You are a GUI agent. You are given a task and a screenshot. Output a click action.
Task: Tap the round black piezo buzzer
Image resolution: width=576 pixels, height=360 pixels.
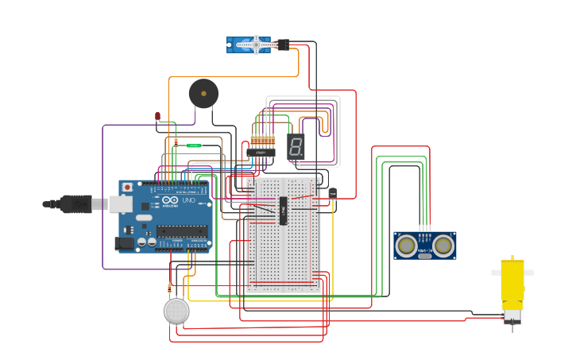pos(203,94)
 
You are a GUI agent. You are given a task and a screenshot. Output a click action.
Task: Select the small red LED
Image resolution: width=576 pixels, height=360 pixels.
pos(157,117)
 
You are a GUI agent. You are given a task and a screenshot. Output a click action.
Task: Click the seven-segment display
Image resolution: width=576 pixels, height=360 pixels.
pos(296,145)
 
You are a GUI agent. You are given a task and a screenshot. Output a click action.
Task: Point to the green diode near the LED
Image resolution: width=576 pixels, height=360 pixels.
pos(193,145)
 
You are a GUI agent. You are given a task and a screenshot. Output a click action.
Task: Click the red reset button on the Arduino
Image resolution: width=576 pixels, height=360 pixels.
pos(126,188)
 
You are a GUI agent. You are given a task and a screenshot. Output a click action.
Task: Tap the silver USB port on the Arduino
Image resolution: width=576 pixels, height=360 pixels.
pos(119,204)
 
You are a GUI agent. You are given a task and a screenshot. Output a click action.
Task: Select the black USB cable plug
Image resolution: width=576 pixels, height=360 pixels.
pos(76,204)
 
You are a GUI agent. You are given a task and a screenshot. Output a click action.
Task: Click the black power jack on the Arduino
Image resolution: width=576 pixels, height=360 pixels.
pos(125,243)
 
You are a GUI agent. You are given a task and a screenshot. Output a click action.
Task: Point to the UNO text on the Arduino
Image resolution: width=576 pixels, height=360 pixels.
pos(188,200)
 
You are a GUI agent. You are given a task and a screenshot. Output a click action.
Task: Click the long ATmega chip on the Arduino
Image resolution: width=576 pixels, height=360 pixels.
pos(182,231)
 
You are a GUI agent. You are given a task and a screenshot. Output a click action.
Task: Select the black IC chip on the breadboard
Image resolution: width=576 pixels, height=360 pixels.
pos(283,211)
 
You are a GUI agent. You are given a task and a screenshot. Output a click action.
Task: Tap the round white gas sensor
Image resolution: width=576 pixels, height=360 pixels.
pos(176,311)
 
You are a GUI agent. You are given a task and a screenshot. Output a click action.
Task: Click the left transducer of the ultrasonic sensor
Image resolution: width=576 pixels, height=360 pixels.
pos(407,246)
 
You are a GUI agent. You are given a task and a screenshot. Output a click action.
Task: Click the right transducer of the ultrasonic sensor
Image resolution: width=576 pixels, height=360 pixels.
pos(443,246)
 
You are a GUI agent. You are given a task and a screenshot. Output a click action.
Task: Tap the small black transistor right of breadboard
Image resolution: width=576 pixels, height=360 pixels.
pos(332,193)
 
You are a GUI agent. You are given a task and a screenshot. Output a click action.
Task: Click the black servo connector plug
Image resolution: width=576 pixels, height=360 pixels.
pos(283,45)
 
